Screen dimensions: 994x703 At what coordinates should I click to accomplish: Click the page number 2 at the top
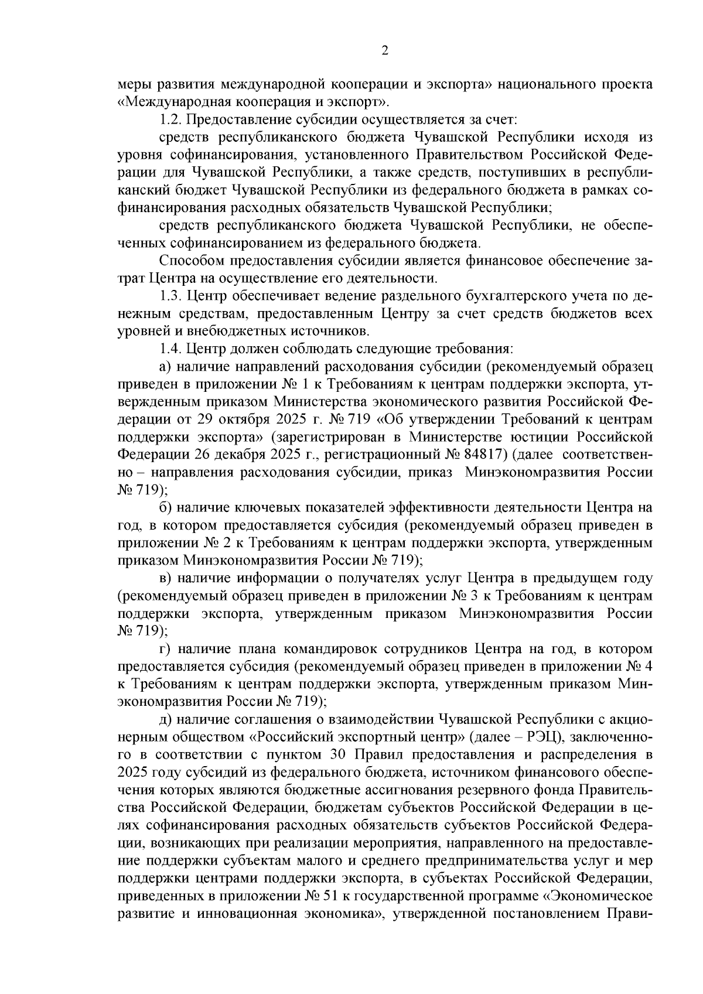[385, 51]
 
